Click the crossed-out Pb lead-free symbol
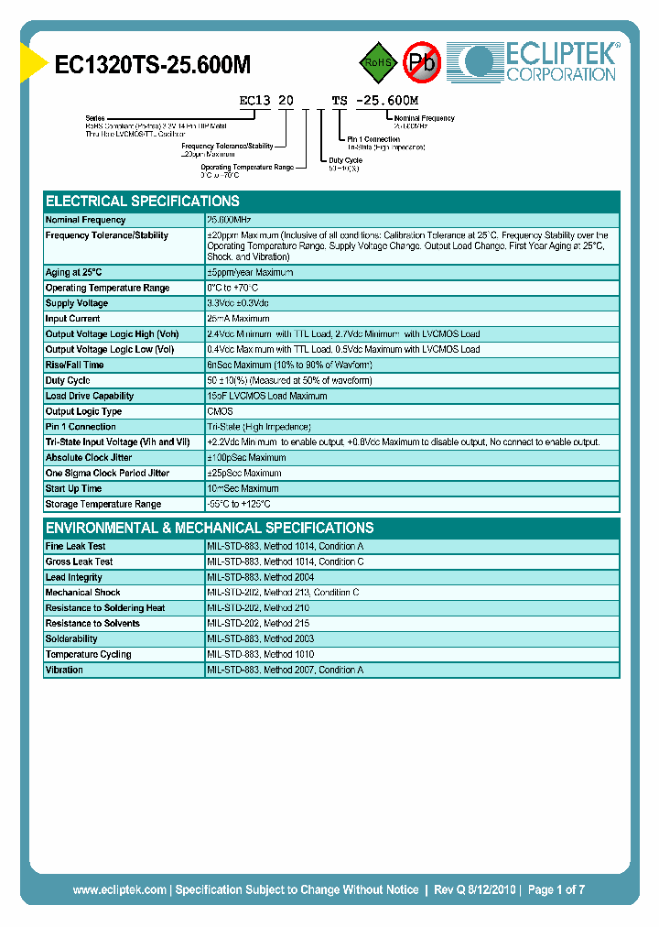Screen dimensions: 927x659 pyautogui.click(x=423, y=62)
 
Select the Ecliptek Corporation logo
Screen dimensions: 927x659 pyautogui.click(x=540, y=62)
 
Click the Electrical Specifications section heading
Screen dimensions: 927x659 pyautogui.click(x=143, y=201)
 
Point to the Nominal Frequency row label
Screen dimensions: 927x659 pyautogui.click(x=86, y=220)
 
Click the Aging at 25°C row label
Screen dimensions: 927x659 pyautogui.click(x=74, y=272)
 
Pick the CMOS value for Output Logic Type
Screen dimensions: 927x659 pyautogui.click(x=221, y=411)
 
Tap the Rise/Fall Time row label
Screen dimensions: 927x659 pyautogui.click(x=74, y=365)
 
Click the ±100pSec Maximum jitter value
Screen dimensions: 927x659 pyautogui.click(x=246, y=458)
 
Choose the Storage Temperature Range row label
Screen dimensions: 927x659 pyautogui.click(x=103, y=504)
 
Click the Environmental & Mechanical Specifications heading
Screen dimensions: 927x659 pyautogui.click(x=210, y=528)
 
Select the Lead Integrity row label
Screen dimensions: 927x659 pyautogui.click(x=74, y=577)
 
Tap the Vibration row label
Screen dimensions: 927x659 pyautogui.click(x=64, y=670)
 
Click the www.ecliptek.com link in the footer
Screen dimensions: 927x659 pyautogui.click(x=119, y=889)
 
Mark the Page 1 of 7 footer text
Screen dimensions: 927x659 pyautogui.click(x=556, y=889)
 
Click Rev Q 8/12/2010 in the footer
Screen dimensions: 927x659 pyautogui.click(x=472, y=889)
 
